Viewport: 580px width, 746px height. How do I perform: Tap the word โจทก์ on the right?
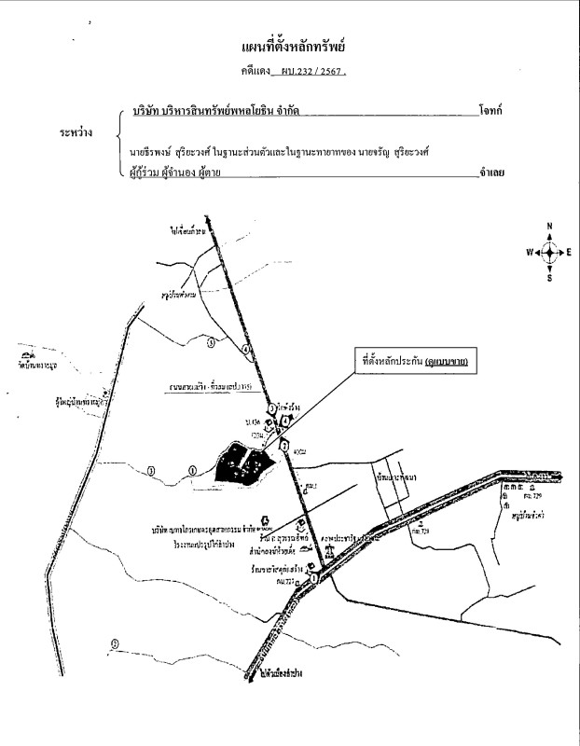pyautogui.click(x=489, y=110)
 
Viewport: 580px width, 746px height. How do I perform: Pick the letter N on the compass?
pyautogui.click(x=550, y=227)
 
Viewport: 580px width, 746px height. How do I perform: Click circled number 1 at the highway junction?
pyautogui.click(x=315, y=579)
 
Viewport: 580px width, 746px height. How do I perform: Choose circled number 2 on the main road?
pyautogui.click(x=283, y=446)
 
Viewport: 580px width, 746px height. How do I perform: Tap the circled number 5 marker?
pyautogui.click(x=211, y=343)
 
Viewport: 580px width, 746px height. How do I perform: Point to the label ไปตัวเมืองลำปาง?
pyautogui.click(x=283, y=672)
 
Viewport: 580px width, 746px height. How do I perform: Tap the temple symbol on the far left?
pyautogui.click(x=21, y=356)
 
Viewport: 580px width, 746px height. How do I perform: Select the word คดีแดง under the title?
pyautogui.click(x=255, y=71)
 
